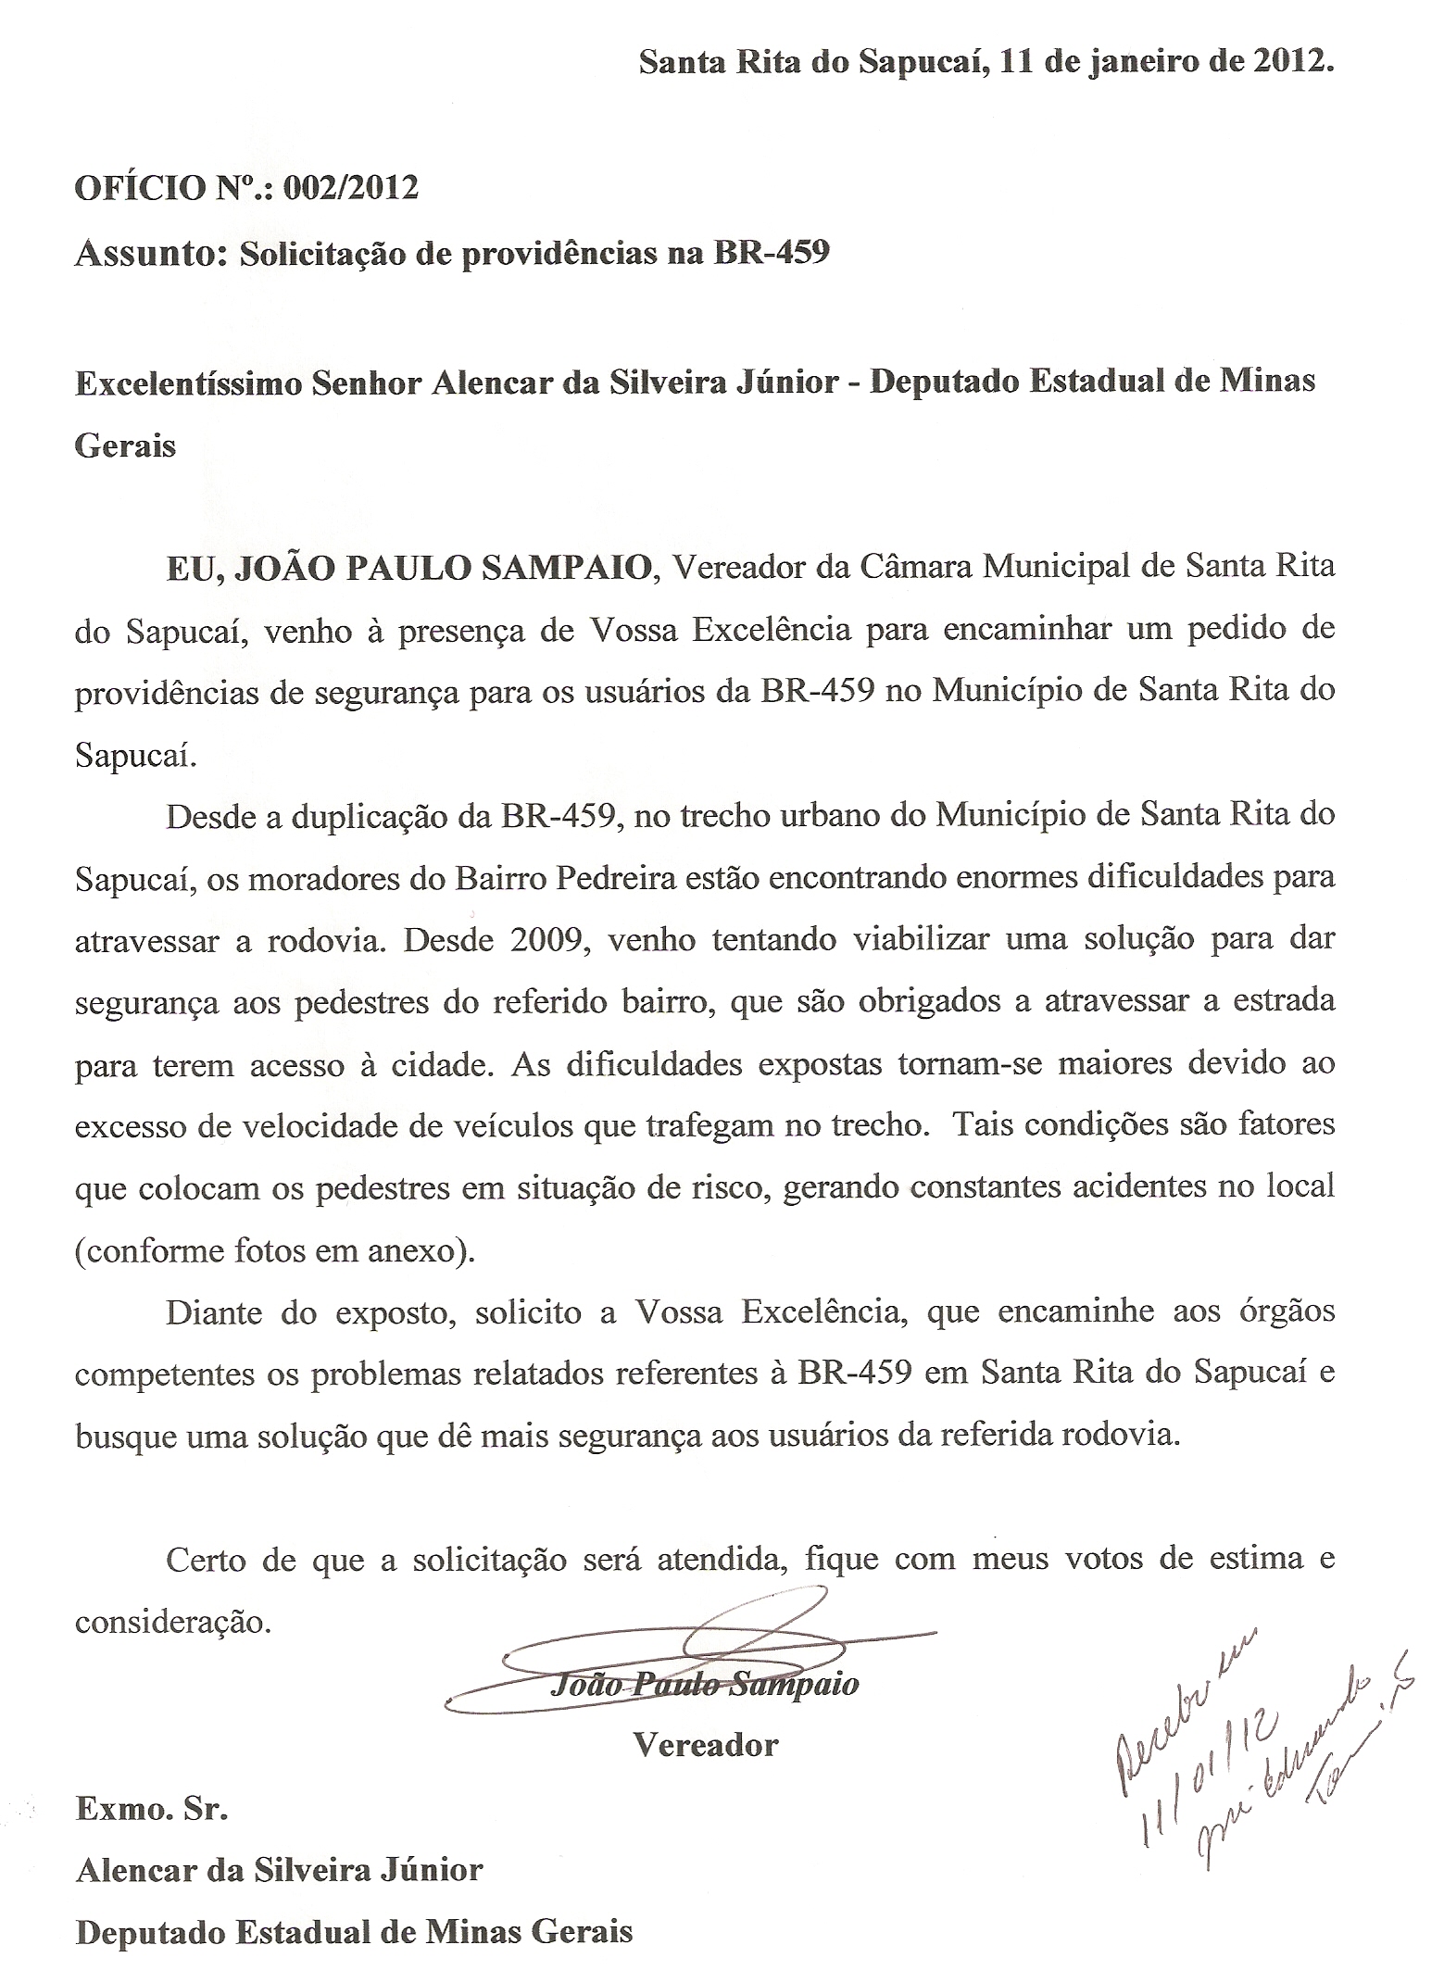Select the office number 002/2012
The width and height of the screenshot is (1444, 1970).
351,188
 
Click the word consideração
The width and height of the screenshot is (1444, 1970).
173,1624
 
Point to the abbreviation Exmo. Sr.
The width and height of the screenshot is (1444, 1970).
151,1809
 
